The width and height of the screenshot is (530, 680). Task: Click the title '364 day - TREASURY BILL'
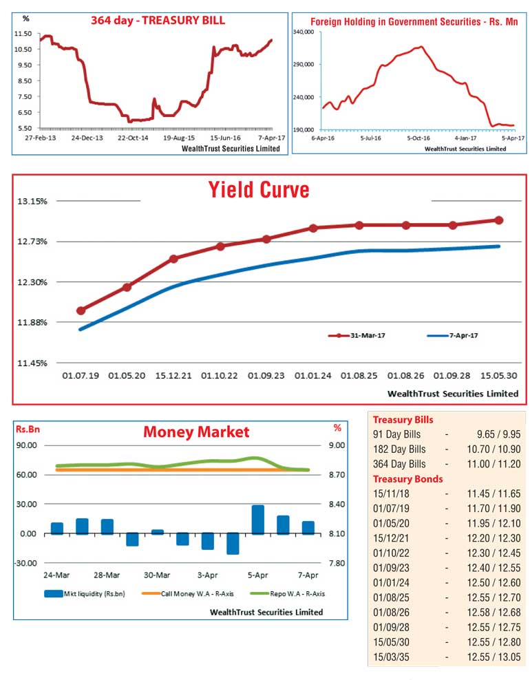[x=158, y=20]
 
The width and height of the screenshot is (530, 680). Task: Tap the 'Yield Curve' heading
[x=259, y=189]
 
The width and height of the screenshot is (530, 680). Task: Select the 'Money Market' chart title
[x=196, y=432]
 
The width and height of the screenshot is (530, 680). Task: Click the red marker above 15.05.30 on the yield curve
[x=498, y=220]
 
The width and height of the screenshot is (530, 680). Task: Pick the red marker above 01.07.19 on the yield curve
[x=81, y=310]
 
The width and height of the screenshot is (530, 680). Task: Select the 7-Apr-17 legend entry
[x=454, y=335]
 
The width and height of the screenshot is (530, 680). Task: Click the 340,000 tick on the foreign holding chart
[x=304, y=32]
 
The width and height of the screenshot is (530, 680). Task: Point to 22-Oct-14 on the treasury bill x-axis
[x=133, y=138]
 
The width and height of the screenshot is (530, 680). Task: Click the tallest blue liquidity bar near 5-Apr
[x=258, y=520]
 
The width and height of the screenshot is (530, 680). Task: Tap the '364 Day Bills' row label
[x=399, y=464]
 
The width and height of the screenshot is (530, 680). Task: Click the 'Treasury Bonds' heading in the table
[x=407, y=479]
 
